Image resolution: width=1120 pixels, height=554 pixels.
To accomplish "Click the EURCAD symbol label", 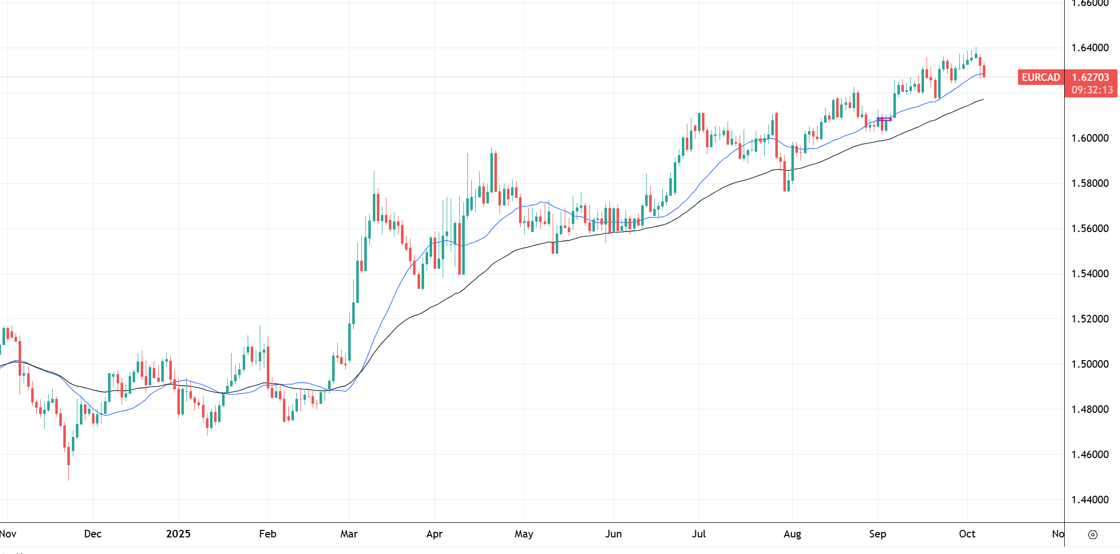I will [x=1041, y=77].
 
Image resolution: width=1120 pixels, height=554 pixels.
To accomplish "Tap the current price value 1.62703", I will [x=1090, y=77].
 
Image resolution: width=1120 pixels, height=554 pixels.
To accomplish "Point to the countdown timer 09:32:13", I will [x=1092, y=90].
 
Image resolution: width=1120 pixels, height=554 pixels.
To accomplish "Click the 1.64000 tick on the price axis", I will [x=1090, y=48].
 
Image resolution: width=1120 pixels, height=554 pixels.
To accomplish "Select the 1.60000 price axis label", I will [x=1090, y=138].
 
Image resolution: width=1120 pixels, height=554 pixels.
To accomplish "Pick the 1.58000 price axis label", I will [x=1090, y=183].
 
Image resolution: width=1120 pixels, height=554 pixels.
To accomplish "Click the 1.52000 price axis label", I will [x=1090, y=319].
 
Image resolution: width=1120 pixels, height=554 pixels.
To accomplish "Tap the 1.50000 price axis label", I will [x=1090, y=364].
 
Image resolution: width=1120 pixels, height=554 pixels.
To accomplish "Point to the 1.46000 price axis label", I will [x=1090, y=455].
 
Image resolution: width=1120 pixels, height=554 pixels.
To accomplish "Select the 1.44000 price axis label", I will [x=1090, y=500].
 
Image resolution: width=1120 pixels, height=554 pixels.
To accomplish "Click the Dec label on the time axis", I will [x=93, y=534].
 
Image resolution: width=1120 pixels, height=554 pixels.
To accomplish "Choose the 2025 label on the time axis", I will [x=178, y=534].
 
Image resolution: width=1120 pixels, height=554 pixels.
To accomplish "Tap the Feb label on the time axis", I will [x=268, y=534].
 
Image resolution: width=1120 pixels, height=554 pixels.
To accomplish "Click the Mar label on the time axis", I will [x=349, y=534].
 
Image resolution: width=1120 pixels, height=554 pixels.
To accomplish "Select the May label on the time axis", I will [x=524, y=534].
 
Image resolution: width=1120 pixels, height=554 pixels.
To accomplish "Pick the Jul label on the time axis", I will [x=699, y=534].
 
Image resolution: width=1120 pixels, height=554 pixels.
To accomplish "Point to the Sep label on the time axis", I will [x=878, y=534].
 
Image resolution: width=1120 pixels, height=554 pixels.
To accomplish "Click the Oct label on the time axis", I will [x=967, y=534].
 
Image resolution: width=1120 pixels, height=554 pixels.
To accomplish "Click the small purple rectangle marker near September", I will [x=884, y=119].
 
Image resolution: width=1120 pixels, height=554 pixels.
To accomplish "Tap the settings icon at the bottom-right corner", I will [x=1093, y=535].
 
